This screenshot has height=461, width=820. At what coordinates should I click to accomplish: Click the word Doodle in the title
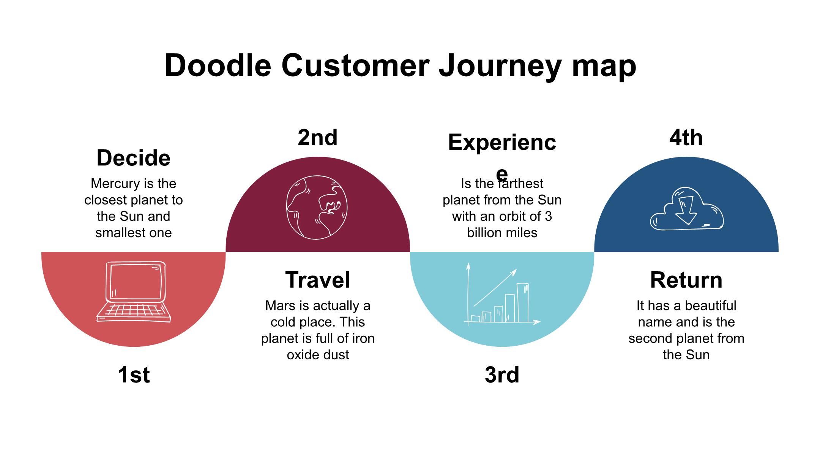click(218, 65)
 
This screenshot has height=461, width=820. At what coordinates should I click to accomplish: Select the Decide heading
click(134, 158)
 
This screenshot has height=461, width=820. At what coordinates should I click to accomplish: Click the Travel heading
click(318, 280)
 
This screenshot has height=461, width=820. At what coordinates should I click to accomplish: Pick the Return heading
click(686, 280)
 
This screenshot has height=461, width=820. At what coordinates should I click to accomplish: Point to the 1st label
click(134, 375)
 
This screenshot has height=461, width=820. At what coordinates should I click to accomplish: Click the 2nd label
click(318, 137)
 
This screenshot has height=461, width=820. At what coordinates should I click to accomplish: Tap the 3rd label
click(502, 375)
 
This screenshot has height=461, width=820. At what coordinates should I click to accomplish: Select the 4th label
click(686, 137)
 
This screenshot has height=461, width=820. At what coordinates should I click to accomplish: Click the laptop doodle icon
click(134, 292)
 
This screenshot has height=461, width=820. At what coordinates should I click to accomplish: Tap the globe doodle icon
click(317, 207)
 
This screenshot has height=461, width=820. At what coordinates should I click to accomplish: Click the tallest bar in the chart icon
click(523, 302)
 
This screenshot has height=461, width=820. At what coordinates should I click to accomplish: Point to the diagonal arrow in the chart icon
click(495, 288)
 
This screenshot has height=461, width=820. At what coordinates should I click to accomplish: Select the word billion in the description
click(483, 233)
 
